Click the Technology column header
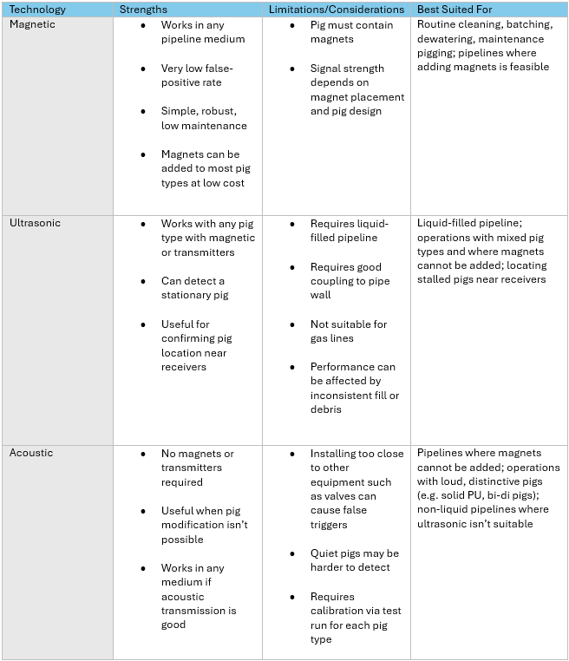(x=37, y=10)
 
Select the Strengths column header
(x=143, y=10)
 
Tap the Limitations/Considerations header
(x=337, y=10)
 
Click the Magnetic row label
(x=32, y=24)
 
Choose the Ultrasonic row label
(x=36, y=223)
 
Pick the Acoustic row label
(x=31, y=453)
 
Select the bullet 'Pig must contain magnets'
(x=350, y=32)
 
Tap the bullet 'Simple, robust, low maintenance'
(x=203, y=118)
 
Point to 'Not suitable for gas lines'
(x=349, y=330)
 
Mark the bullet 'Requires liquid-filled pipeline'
(x=349, y=231)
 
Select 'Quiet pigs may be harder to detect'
(x=354, y=560)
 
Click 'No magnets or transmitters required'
(x=198, y=468)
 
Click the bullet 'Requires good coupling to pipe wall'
(x=350, y=281)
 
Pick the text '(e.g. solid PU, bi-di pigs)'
(x=484, y=495)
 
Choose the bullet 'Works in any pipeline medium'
(x=203, y=32)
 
